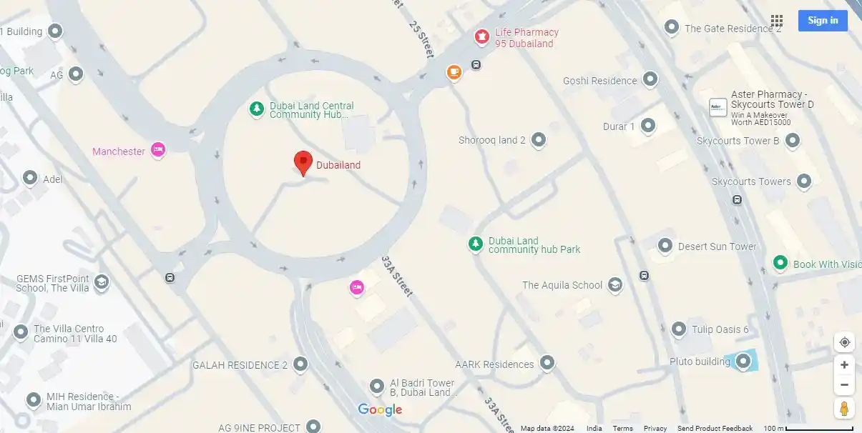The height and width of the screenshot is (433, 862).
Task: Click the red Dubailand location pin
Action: click(303, 162)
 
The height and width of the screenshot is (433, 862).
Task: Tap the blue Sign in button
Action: click(823, 21)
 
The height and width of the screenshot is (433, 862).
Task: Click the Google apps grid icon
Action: click(777, 21)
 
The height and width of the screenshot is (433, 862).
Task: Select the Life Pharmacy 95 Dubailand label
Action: click(526, 38)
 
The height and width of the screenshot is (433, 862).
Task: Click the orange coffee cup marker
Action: click(454, 72)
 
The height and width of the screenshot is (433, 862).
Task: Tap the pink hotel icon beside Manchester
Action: click(158, 150)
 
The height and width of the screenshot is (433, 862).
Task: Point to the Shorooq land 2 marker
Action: click(539, 141)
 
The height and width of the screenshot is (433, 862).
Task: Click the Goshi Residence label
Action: click(599, 81)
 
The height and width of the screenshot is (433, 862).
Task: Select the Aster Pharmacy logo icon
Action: click(717, 107)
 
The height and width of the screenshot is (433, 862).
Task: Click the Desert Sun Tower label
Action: click(717, 247)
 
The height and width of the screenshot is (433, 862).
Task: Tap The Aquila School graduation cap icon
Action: click(614, 286)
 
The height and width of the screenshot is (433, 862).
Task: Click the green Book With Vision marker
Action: click(780, 264)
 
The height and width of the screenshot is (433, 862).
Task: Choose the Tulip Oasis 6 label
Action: click(720, 329)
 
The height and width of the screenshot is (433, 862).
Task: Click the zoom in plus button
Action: click(845, 365)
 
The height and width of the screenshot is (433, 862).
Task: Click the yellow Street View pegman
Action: click(845, 409)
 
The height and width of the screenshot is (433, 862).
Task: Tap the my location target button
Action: click(845, 342)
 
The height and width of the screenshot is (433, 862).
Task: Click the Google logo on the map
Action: click(380, 409)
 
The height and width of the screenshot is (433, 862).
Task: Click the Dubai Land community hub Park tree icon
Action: click(476, 244)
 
